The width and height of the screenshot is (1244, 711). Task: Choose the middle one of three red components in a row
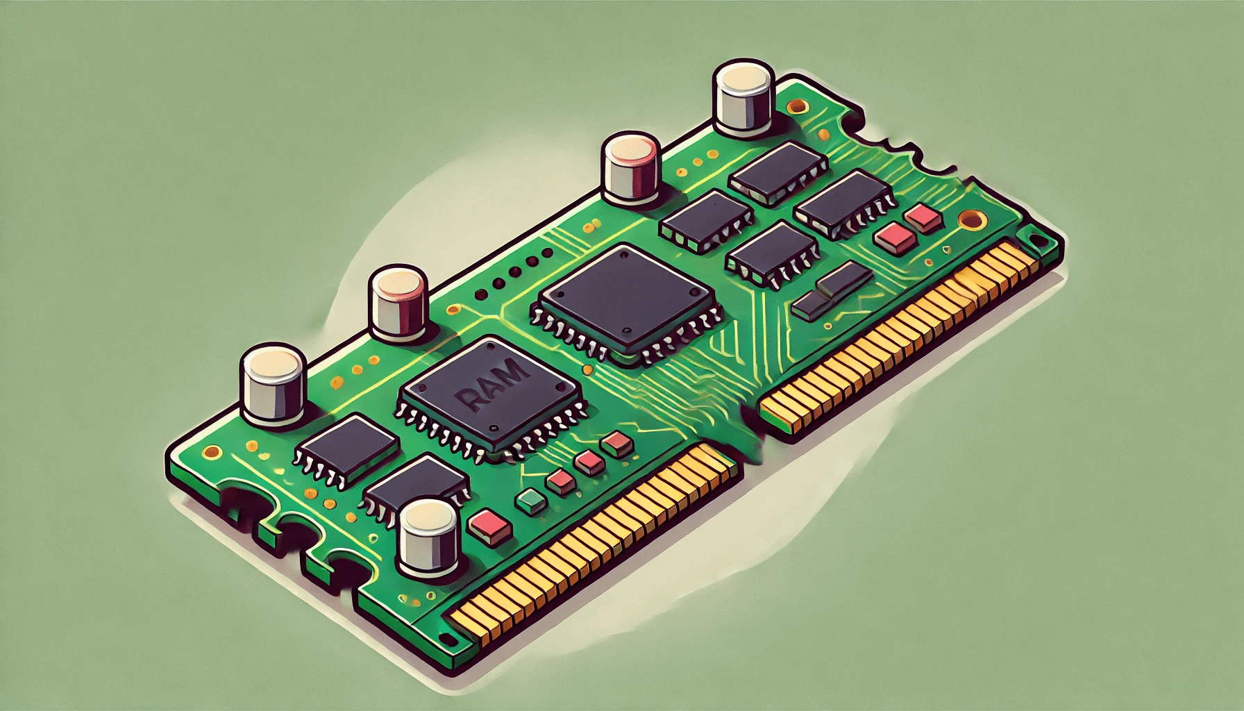(x=589, y=462)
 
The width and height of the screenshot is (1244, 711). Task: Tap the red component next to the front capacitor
(x=491, y=526)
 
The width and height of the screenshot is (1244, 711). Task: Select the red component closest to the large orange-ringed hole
(x=923, y=218)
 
